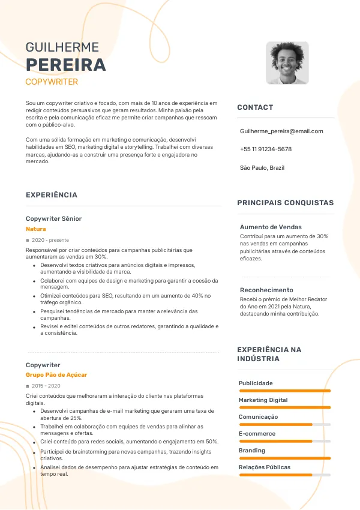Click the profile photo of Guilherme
[x=287, y=63]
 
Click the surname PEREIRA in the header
[x=65, y=65]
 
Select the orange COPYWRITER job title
[x=52, y=82]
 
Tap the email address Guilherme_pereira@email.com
[x=281, y=131]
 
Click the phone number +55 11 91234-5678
[x=266, y=149]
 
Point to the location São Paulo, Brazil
[x=262, y=167]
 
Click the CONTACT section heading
[x=255, y=107]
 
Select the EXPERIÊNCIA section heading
[x=52, y=195]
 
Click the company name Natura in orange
[x=36, y=229]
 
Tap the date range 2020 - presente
[x=50, y=240]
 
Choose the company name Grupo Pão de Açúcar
[x=56, y=375]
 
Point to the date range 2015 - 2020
[x=46, y=386]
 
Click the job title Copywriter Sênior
[x=54, y=218]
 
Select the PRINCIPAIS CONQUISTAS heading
[x=285, y=203]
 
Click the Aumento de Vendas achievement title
[x=271, y=227]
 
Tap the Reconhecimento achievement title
[x=266, y=290]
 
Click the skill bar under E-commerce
[x=284, y=441]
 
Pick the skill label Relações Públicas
[x=264, y=467]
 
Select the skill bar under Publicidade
[x=284, y=391]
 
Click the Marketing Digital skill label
[x=263, y=400]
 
